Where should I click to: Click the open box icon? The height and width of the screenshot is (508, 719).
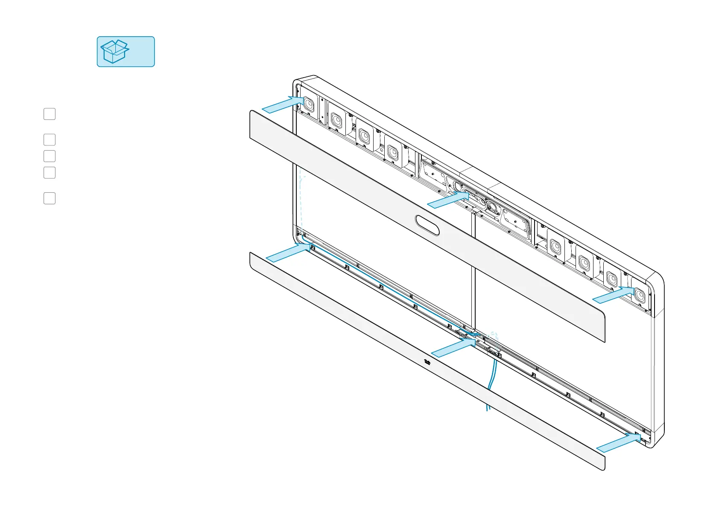(114, 52)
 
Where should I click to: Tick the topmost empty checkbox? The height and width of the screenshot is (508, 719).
(50, 114)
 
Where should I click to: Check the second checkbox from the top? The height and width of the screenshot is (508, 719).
(50, 139)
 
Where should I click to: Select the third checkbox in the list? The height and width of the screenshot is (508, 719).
(50, 156)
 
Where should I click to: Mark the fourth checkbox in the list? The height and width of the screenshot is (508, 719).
(50, 173)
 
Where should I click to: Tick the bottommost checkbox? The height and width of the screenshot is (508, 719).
(50, 198)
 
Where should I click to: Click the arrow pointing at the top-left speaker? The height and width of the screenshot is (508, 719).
(282, 105)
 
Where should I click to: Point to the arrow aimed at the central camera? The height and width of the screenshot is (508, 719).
(448, 200)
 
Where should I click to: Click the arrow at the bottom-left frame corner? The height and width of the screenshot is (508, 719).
(286, 253)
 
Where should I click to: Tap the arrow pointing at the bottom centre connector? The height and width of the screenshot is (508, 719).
(452, 348)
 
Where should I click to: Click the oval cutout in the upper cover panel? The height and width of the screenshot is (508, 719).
(427, 225)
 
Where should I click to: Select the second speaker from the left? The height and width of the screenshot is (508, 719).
(336, 120)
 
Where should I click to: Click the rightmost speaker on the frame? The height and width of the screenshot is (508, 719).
(639, 294)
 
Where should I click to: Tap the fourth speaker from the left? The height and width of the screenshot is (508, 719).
(392, 152)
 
